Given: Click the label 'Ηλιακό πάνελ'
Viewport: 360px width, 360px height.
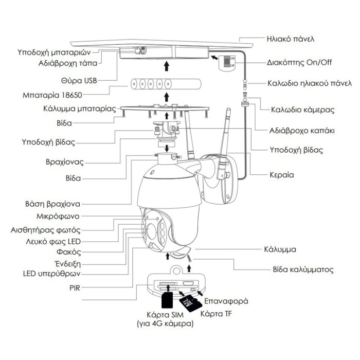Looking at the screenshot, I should coord(291,39).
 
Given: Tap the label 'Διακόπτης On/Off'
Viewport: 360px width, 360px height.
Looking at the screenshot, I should coord(299,63).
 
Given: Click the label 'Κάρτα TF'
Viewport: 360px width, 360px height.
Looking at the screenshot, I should coord(215,313).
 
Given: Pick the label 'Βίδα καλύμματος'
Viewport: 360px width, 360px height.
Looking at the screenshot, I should coord(302,269).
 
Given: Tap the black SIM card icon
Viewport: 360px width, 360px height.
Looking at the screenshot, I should coord(168,301).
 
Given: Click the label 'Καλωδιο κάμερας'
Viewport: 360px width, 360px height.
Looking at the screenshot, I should coord(303,110).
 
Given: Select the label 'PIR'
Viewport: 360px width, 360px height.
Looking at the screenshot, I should coord(74,287).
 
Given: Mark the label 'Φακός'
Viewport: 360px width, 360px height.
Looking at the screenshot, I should coord(67,252).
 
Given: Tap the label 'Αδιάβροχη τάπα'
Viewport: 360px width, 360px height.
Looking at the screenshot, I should coord(67,64).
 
